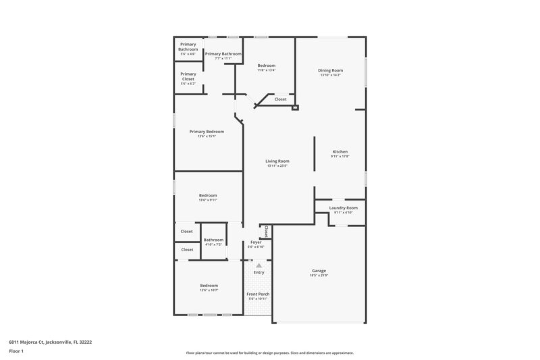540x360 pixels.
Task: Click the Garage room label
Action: tap(319, 270)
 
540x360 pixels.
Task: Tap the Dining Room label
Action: tap(331, 70)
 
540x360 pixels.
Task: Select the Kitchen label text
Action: tap(340, 151)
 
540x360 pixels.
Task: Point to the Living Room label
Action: tap(277, 161)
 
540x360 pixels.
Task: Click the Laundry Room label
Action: tap(343, 208)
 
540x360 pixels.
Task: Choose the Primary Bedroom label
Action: tap(207, 132)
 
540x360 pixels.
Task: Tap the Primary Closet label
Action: tap(188, 76)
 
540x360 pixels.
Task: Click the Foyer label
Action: tap(256, 242)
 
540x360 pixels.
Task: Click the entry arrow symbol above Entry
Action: tap(258, 266)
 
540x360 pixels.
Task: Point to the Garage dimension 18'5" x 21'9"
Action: tap(319, 276)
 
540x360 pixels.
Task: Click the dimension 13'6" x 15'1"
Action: tap(207, 137)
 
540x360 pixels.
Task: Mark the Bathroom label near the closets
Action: tap(213, 239)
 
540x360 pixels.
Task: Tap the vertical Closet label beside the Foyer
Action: tap(267, 232)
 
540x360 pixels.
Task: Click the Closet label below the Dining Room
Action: tap(280, 99)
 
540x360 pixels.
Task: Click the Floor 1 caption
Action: tap(17, 352)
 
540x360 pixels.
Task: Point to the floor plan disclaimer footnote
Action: tap(270, 353)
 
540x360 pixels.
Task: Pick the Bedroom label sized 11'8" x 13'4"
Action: tap(266, 65)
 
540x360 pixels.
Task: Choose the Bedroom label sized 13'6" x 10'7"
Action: tap(209, 286)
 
